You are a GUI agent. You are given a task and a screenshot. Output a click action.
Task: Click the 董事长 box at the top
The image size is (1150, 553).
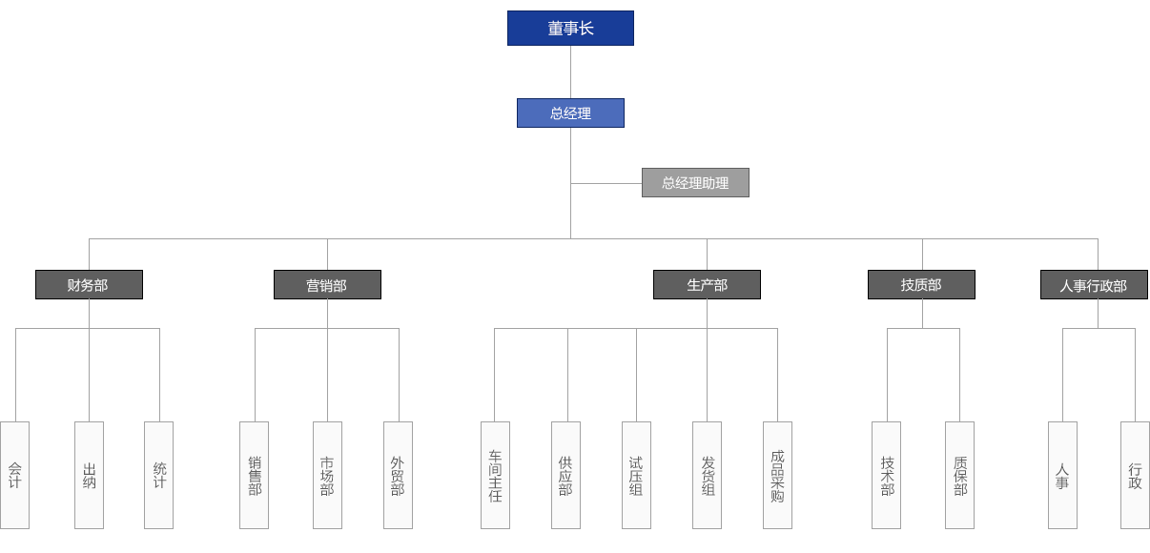tap(570, 29)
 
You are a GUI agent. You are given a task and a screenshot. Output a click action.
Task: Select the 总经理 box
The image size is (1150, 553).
tap(570, 113)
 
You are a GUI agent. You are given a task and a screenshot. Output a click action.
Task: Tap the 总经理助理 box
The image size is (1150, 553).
tap(695, 182)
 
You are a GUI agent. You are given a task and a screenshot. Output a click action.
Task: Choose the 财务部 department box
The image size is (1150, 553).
tap(89, 284)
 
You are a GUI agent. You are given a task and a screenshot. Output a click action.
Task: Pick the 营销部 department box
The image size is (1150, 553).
tap(327, 284)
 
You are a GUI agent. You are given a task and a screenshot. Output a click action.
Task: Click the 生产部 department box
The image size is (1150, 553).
tap(707, 284)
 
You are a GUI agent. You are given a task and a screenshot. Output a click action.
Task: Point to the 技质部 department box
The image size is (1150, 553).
tap(921, 284)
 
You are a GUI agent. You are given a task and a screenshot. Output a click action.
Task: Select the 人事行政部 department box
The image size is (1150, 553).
tap(1094, 284)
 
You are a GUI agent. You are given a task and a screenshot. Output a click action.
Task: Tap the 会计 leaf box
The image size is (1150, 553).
tap(15, 475)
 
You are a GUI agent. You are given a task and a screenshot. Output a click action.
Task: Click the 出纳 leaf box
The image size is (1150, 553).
tap(89, 475)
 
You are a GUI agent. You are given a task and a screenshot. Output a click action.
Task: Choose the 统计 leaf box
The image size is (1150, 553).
tap(159, 475)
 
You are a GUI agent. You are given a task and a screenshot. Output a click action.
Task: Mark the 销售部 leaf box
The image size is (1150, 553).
tap(255, 475)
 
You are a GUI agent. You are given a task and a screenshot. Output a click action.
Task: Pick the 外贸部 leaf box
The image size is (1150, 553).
tap(398, 475)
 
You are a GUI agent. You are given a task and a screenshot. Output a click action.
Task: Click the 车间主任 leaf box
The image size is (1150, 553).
tap(495, 475)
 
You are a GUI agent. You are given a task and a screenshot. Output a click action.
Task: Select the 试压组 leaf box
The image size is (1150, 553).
tap(636, 475)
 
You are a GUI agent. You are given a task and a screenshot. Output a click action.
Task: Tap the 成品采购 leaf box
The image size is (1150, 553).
tap(777, 475)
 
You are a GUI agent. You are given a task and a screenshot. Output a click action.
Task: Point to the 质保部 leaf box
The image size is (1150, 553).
tap(960, 475)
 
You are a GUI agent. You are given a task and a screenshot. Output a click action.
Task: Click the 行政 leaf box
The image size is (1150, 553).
tap(1135, 475)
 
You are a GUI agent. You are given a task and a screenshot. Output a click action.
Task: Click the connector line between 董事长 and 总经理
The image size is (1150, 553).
tap(570, 72)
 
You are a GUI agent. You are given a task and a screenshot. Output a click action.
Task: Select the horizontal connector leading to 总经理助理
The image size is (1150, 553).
tap(606, 182)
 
